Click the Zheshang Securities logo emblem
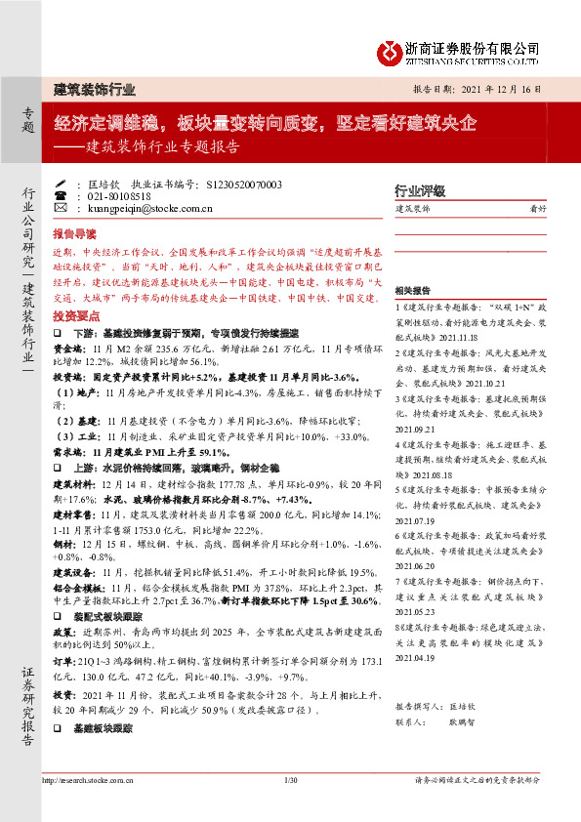(392, 50)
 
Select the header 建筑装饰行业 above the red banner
(94, 88)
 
